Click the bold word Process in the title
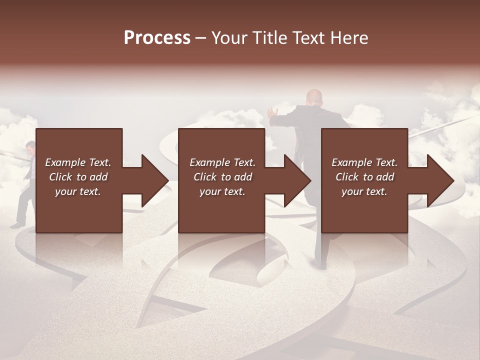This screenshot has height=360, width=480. (x=157, y=37)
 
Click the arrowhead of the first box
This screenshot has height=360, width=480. (x=154, y=180)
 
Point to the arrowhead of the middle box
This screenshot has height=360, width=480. (x=297, y=180)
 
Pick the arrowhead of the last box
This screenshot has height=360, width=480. (x=440, y=180)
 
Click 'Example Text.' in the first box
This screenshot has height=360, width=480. (x=78, y=162)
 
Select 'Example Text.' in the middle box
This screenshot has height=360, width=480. (x=222, y=162)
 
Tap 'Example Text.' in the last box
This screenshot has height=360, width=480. (x=364, y=162)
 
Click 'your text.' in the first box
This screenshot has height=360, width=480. (x=78, y=191)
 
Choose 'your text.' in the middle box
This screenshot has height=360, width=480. (x=222, y=191)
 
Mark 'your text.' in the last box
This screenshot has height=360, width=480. (x=364, y=191)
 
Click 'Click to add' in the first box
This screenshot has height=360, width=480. (x=78, y=177)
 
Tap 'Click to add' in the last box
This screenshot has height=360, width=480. (x=364, y=177)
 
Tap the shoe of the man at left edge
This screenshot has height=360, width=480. (x=17, y=224)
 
